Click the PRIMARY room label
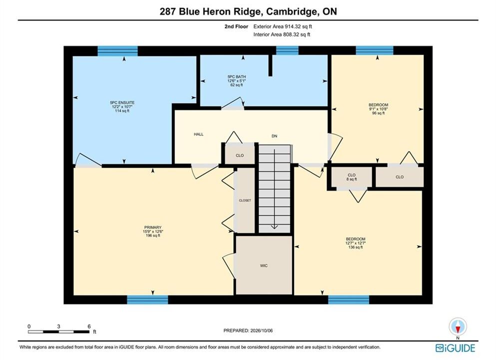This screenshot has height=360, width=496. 153,227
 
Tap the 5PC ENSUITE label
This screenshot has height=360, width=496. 122,102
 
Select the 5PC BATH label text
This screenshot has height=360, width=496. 237,76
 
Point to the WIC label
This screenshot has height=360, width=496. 264,265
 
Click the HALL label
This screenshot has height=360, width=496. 199,134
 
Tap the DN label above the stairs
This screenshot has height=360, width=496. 274,136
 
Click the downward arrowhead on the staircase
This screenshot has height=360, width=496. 274,226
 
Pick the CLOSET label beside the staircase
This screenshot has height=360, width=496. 245,200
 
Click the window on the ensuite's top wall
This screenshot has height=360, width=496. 118,50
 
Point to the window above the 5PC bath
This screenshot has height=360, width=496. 287,50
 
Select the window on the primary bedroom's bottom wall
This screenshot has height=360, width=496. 147,299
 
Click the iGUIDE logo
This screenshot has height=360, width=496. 455,348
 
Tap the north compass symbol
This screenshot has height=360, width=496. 458,326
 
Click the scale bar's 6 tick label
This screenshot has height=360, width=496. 89,326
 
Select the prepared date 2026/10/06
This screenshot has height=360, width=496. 261,330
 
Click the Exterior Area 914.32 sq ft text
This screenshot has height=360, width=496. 283,26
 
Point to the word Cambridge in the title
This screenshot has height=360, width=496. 292,11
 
